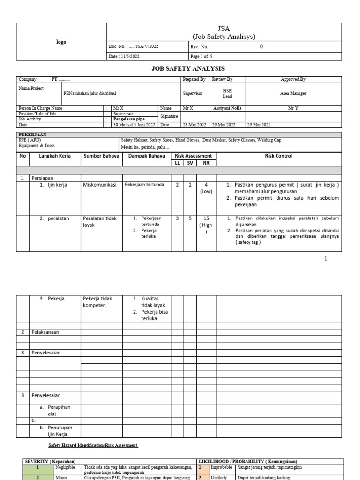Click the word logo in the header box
click(61, 42)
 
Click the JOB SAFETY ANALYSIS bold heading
click(187, 68)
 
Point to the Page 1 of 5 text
click(202, 56)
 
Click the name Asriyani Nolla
click(227, 108)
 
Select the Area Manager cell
click(293, 93)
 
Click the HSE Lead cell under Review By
click(227, 93)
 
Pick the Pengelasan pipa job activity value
click(128, 119)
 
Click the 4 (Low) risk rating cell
click(206, 188)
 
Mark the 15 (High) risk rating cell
click(206, 225)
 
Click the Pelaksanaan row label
click(46, 332)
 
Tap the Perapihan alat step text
click(58, 411)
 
